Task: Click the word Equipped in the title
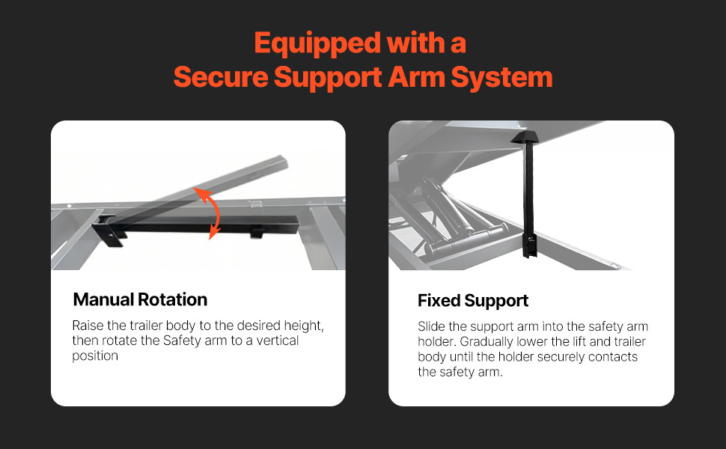tap(317, 44)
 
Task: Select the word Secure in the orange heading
tap(221, 77)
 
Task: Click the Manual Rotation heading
tap(140, 299)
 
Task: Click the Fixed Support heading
tap(473, 301)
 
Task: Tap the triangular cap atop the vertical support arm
tap(528, 137)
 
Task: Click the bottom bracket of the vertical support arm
tap(529, 245)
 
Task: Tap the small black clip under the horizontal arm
tap(258, 233)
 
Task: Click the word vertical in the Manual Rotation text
tap(278, 340)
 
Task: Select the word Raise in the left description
tap(88, 326)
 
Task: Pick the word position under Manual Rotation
tap(95, 356)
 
